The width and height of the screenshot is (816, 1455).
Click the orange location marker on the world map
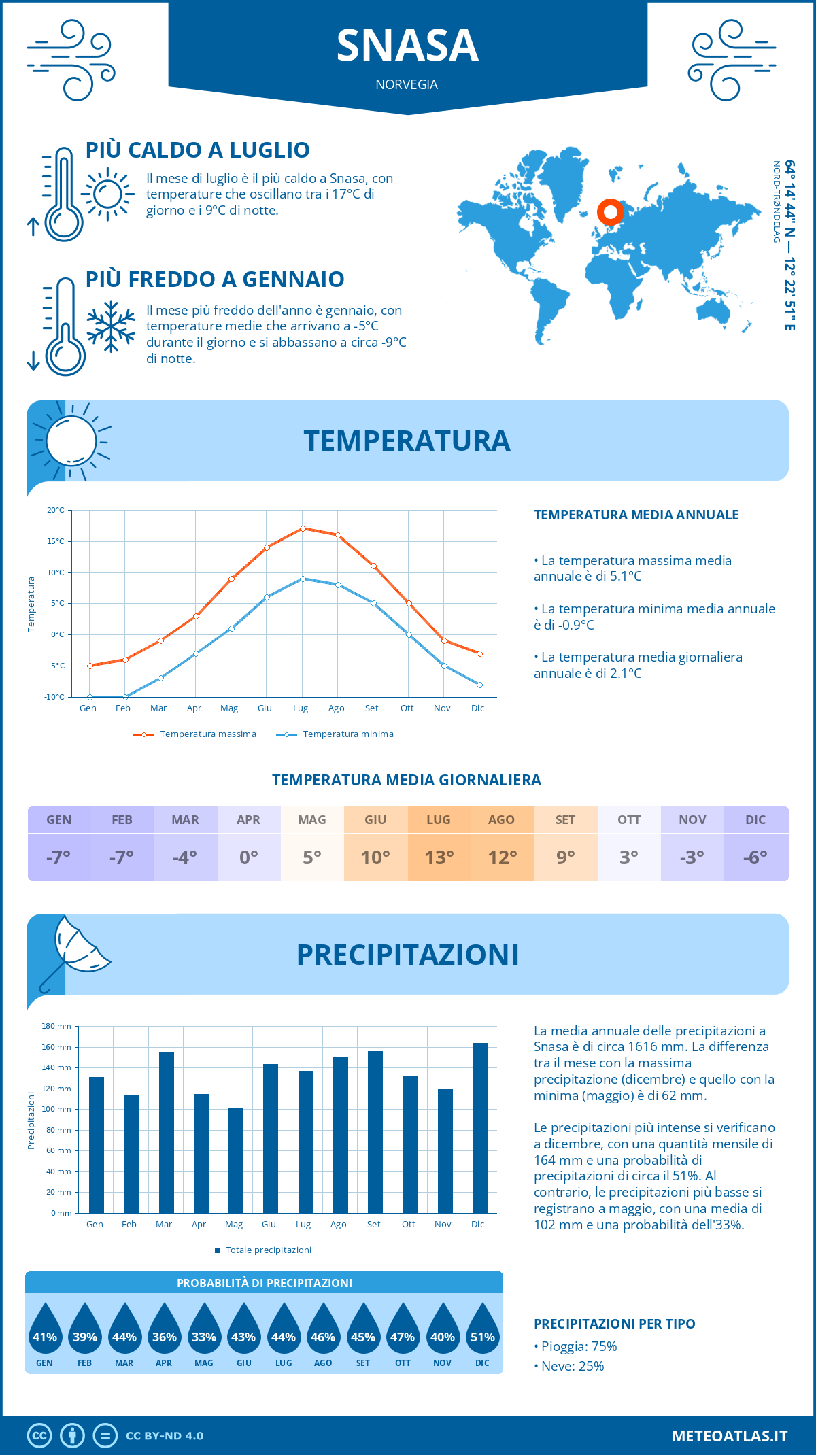[x=611, y=212]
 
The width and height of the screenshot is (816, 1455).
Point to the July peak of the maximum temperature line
[x=303, y=528]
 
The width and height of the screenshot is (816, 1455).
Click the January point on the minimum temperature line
[x=90, y=697]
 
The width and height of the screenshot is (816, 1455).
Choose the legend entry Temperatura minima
[x=335, y=734]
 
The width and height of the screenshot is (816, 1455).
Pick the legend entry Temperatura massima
[x=195, y=734]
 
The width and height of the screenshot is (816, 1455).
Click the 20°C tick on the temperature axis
[x=56, y=510]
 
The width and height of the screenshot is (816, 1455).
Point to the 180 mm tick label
[x=56, y=1026]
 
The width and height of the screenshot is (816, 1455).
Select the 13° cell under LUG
[x=439, y=857]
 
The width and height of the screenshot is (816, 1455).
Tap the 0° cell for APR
[x=249, y=857]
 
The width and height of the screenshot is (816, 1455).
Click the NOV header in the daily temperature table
[x=692, y=819]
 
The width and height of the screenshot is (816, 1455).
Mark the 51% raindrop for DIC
[x=483, y=1329]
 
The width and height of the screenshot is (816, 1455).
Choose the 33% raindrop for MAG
[x=204, y=1329]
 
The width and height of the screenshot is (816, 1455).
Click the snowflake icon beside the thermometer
[x=111, y=326]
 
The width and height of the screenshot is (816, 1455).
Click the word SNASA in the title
[x=407, y=46]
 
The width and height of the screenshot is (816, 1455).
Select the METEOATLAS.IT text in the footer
[x=730, y=1436]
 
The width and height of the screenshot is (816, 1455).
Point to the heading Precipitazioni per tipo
[x=614, y=1324]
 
